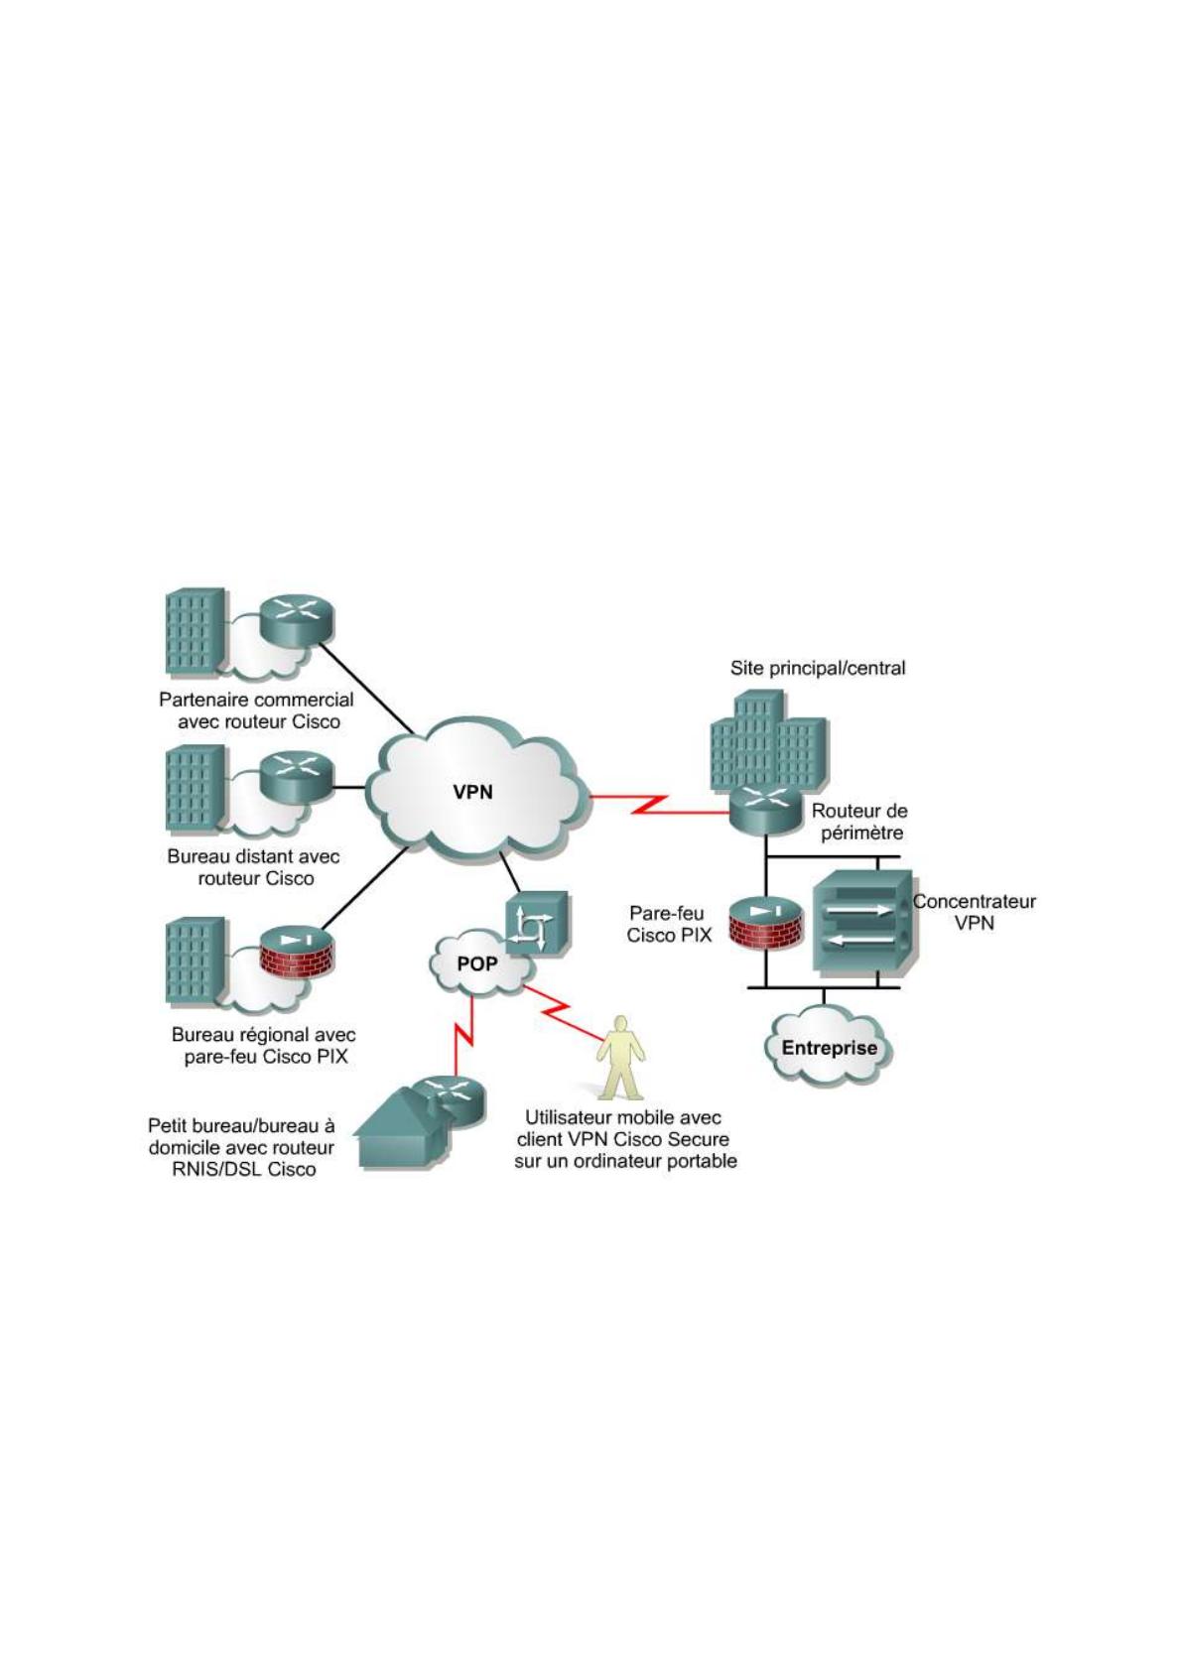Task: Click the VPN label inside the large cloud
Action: pyautogui.click(x=472, y=792)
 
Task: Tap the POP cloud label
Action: pyautogui.click(x=476, y=964)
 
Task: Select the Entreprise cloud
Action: pyautogui.click(x=829, y=1048)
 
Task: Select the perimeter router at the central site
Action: pyautogui.click(x=764, y=808)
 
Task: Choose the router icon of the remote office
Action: pyautogui.click(x=296, y=775)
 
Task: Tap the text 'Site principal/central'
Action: pyautogui.click(x=818, y=668)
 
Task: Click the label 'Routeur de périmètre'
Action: pyautogui.click(x=859, y=822)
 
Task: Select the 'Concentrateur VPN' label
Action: pyautogui.click(x=975, y=912)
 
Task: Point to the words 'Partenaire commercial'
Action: pyautogui.click(x=256, y=700)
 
